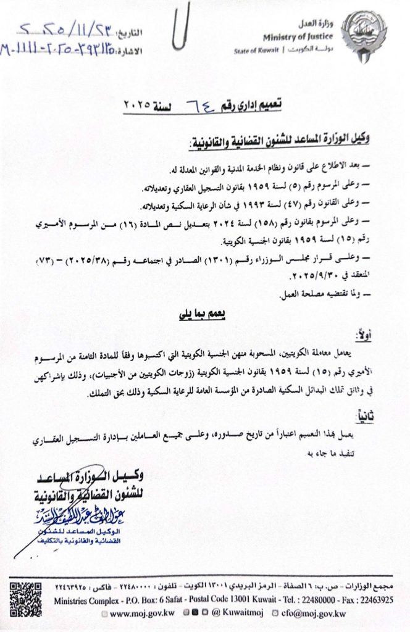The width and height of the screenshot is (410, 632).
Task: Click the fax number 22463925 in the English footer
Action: tap(377, 599)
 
